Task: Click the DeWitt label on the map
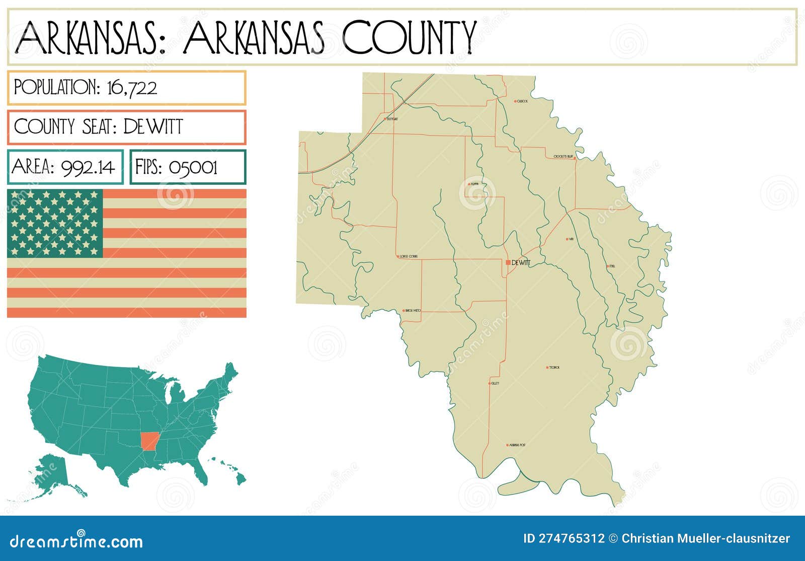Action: (x=521, y=262)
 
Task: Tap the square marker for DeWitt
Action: (x=508, y=262)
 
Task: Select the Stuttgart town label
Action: (x=392, y=119)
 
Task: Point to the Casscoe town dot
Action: (x=516, y=101)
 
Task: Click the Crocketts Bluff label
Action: (x=563, y=157)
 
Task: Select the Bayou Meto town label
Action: (x=413, y=311)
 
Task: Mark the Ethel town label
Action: (x=612, y=266)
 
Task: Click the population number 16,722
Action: (x=132, y=88)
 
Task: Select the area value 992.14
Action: (x=89, y=167)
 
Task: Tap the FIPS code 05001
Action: (x=193, y=167)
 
